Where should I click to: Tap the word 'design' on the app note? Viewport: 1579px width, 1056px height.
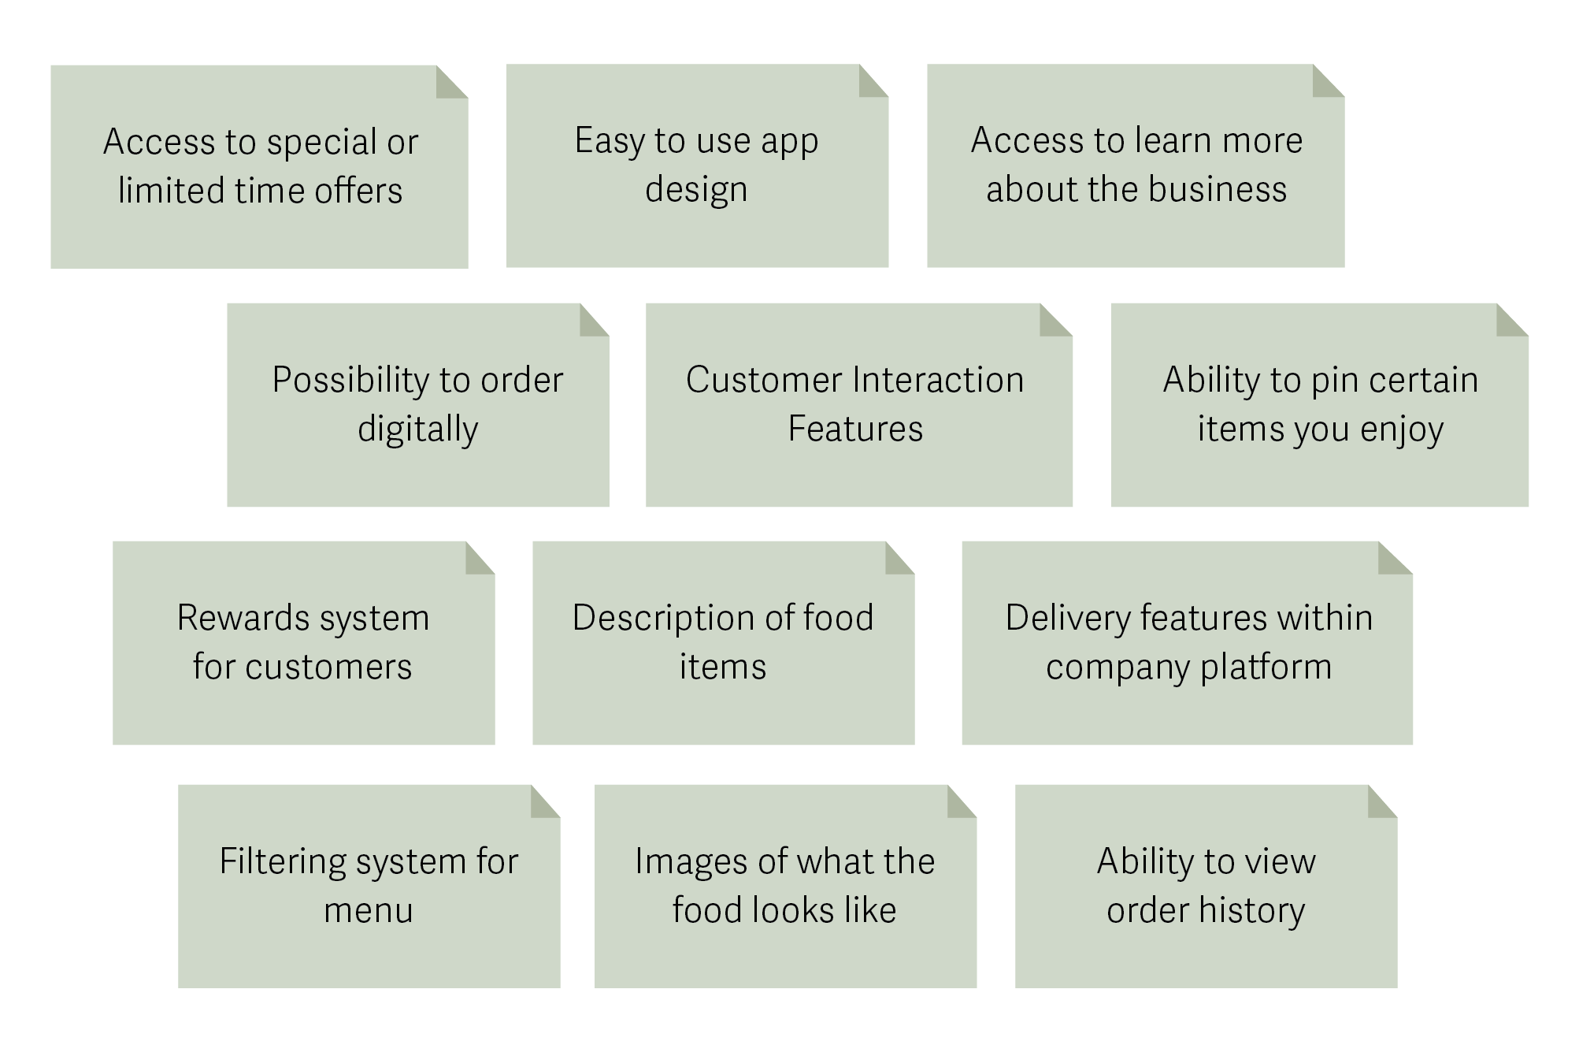coord(696,190)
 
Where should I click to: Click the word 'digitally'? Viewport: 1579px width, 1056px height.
coord(417,429)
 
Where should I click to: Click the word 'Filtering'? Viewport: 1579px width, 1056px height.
coord(280,861)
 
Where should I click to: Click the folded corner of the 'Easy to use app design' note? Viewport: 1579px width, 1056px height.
coord(873,81)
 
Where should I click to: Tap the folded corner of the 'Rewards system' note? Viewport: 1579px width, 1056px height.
coord(479,558)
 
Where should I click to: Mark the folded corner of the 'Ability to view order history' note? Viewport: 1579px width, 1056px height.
coord(1381,801)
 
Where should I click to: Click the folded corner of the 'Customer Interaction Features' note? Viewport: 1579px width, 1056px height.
coord(1055,320)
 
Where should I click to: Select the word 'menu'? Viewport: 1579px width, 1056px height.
coord(368,911)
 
